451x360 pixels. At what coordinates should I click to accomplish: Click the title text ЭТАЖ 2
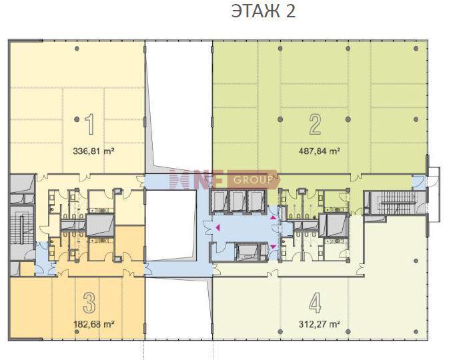263,11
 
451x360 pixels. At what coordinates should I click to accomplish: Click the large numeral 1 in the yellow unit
90,124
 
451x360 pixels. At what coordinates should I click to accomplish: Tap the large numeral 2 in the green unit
315,124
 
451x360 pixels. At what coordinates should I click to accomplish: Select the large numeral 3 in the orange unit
89,303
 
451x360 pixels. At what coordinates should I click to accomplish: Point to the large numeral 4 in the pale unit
315,303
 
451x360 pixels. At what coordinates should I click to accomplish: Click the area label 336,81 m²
94,151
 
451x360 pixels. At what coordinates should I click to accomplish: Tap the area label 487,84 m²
320,151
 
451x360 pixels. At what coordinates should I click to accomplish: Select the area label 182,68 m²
94,325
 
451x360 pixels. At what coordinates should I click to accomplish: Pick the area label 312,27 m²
320,325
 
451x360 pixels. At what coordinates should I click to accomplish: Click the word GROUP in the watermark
253,180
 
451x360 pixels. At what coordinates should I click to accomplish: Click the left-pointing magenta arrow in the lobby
218,228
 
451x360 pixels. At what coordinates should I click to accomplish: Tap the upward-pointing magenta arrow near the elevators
273,218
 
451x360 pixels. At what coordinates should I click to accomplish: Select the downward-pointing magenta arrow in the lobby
273,247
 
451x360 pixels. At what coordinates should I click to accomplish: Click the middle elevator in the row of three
238,201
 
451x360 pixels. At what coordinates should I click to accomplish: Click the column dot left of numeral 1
77,119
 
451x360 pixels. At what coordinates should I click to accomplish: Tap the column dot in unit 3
77,332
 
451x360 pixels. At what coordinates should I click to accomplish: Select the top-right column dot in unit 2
416,48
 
